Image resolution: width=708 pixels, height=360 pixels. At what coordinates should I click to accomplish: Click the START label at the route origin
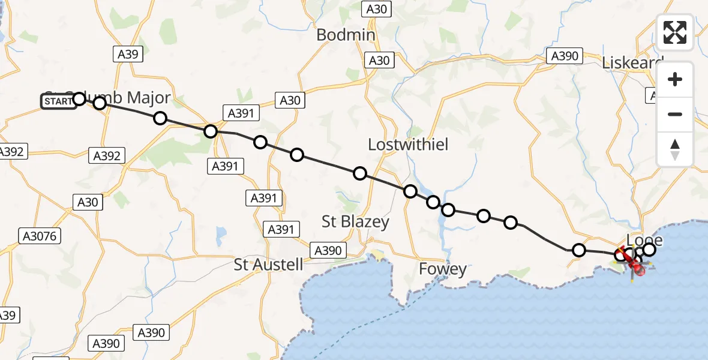coord(58,101)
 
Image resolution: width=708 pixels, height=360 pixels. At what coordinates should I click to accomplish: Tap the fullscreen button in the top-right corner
coord(675,32)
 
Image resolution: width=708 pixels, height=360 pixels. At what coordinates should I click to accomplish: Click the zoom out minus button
coord(675,114)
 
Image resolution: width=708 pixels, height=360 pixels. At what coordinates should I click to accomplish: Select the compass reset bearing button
coord(675,149)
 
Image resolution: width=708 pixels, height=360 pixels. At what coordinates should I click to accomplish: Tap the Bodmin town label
coord(346,35)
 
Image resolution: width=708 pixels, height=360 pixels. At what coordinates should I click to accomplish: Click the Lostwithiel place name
coord(408,145)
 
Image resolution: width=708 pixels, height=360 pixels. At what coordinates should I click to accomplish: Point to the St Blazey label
coord(355,221)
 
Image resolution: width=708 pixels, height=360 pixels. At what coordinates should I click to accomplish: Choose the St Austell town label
coord(268,264)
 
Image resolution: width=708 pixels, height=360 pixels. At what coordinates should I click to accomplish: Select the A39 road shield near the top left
coord(128,55)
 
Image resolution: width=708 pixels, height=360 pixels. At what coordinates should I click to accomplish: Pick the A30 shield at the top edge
coord(378,8)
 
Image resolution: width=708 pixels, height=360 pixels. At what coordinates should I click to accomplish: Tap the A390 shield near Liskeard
coord(564,56)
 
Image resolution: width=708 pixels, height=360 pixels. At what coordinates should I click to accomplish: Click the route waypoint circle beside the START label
coord(79,98)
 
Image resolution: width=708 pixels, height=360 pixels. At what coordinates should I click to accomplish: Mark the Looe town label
coord(644,241)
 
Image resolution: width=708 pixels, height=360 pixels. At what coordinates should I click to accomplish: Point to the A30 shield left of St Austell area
coord(88,202)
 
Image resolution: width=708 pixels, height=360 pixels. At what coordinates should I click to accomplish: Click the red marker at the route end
coord(638,271)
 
